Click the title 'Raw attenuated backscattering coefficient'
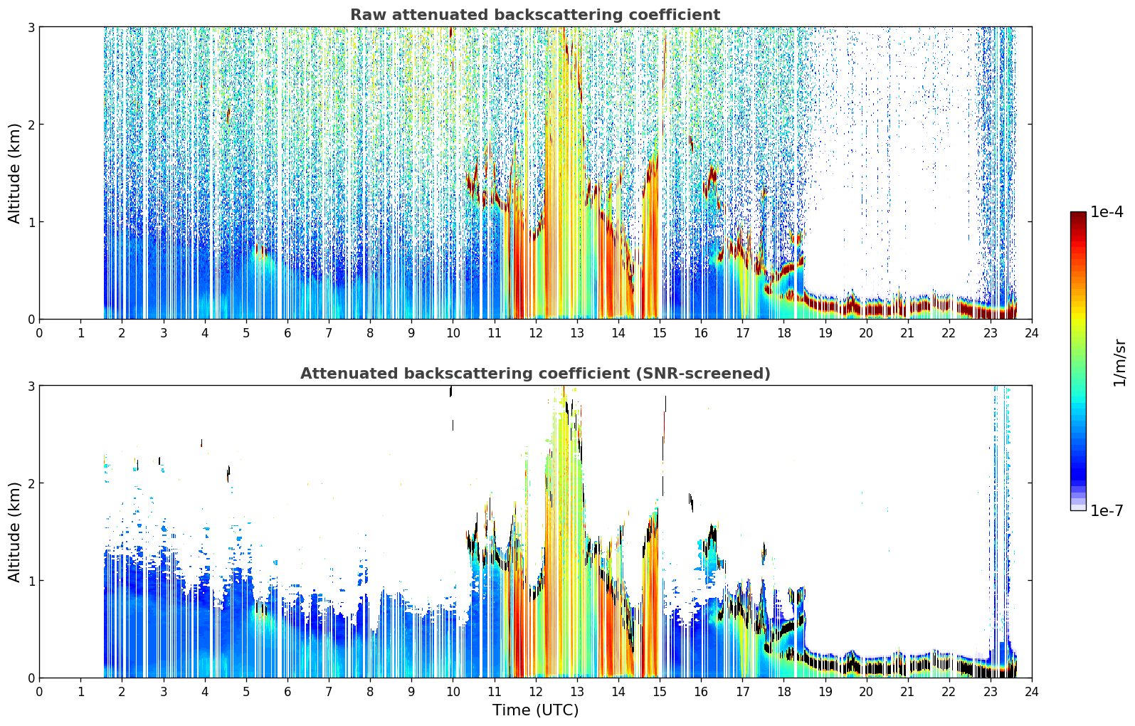click(535, 15)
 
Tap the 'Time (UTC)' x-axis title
click(535, 710)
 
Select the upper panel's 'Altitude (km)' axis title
click(14, 173)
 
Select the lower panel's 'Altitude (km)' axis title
click(14, 532)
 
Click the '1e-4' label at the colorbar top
click(1107, 212)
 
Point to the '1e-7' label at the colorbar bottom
click(1107, 510)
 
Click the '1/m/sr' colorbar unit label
click(1119, 363)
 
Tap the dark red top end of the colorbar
click(1078, 214)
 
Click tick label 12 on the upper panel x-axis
click(536, 333)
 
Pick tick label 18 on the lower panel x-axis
click(784, 692)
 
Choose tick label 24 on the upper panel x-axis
click(1032, 333)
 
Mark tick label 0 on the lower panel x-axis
click(40, 692)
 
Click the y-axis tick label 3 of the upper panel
click(31, 27)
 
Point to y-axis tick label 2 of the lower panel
click(31, 483)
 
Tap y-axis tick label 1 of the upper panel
click(31, 222)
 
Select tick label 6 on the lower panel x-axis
click(287, 692)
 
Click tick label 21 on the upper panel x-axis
click(907, 333)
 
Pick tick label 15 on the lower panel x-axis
click(660, 692)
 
